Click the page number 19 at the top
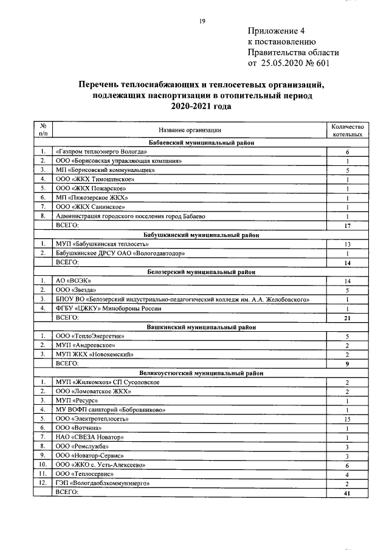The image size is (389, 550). point(202,22)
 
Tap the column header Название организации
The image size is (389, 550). point(190,129)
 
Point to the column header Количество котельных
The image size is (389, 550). point(346,129)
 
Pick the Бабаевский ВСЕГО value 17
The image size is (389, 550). point(346,225)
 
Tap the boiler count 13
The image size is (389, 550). point(346,244)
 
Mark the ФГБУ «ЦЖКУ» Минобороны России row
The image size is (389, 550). point(115,309)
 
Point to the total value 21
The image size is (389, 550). point(346,318)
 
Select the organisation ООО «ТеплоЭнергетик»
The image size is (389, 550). point(89,336)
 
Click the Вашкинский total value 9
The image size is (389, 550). point(346,363)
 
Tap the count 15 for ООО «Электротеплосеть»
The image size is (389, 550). point(346,419)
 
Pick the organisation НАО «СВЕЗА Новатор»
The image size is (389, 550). point(89,437)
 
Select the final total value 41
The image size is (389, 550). point(346,493)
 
